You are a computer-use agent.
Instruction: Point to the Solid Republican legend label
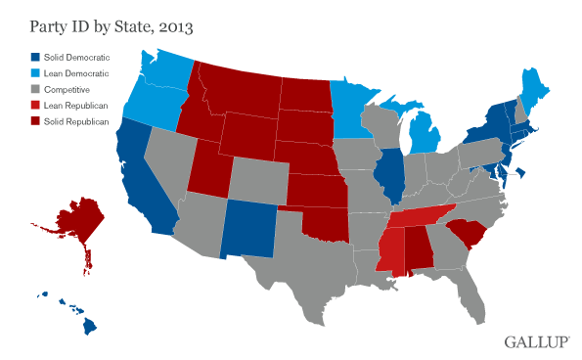point(81,120)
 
